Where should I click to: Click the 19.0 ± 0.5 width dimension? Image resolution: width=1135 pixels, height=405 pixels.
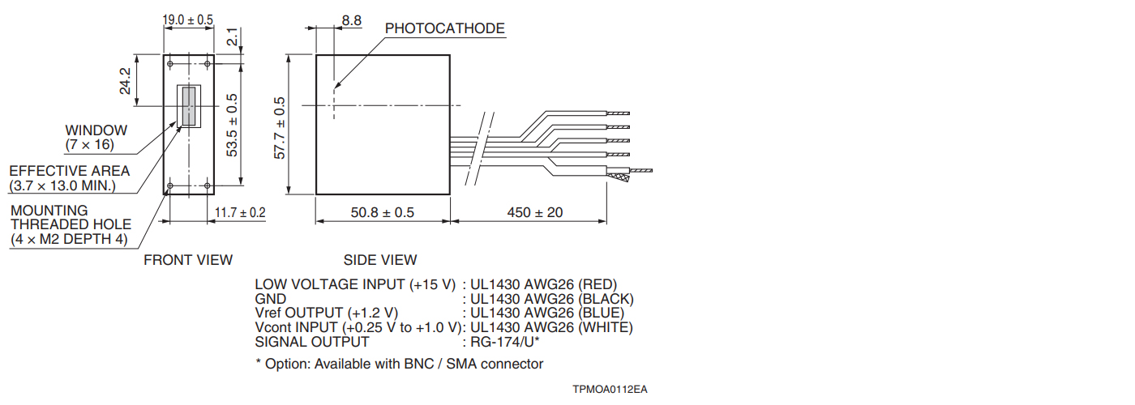188,19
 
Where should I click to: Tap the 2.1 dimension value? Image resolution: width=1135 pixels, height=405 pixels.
232,37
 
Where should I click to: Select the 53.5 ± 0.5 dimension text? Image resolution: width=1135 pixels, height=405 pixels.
233,126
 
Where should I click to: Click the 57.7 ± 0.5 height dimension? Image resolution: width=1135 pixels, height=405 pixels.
281,128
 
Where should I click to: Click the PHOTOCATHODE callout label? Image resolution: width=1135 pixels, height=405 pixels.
444,29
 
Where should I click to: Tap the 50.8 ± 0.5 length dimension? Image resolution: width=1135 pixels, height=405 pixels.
382,213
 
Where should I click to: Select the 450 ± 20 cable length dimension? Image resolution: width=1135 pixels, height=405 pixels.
535,213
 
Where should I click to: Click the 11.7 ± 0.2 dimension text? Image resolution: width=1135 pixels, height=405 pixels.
240,213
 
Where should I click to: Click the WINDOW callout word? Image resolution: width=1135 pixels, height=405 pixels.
96,130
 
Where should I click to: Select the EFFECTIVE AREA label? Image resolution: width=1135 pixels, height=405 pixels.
69,171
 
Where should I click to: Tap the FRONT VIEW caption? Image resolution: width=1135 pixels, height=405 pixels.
188,260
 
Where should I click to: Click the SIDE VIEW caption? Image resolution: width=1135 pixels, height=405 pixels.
380,260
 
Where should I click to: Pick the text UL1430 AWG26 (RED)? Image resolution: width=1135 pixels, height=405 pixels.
544,284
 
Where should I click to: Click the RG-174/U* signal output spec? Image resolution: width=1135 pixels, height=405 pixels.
505,342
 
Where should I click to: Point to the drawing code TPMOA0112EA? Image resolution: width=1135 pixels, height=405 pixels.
610,390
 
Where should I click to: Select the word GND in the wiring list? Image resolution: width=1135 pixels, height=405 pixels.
270,299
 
